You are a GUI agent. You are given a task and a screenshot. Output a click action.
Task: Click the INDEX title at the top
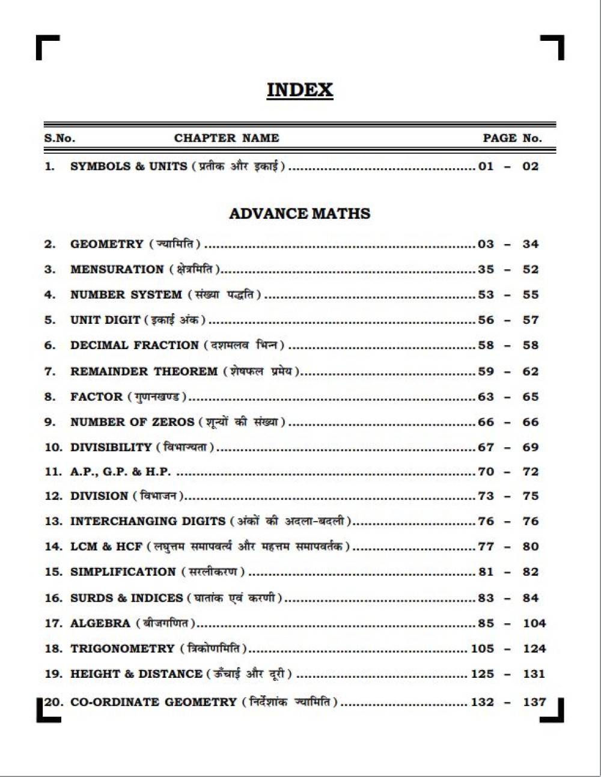[299, 90]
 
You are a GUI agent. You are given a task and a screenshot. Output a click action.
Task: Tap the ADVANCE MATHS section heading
[299, 213]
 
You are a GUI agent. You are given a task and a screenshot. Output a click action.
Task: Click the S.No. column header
[59, 138]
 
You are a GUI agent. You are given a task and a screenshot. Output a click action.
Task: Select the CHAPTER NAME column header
[227, 138]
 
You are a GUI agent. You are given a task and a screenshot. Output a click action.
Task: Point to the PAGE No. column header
[512, 138]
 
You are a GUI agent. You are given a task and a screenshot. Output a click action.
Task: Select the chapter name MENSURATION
[117, 269]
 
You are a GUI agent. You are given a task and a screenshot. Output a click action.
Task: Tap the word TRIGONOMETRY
[122, 649]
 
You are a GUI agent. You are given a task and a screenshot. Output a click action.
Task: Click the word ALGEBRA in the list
[100, 623]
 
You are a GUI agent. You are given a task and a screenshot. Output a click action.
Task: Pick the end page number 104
[534, 623]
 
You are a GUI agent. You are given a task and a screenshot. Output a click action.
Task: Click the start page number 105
[482, 649]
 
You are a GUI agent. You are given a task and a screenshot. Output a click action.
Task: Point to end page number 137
[534, 702]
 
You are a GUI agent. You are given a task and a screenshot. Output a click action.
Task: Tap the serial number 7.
[49, 371]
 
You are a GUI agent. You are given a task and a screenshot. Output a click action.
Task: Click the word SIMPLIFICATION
[123, 572]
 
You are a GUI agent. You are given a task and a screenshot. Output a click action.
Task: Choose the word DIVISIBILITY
[111, 447]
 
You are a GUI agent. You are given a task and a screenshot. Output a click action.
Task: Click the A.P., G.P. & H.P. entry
[120, 472]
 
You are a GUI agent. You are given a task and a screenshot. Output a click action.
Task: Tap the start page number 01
[486, 166]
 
